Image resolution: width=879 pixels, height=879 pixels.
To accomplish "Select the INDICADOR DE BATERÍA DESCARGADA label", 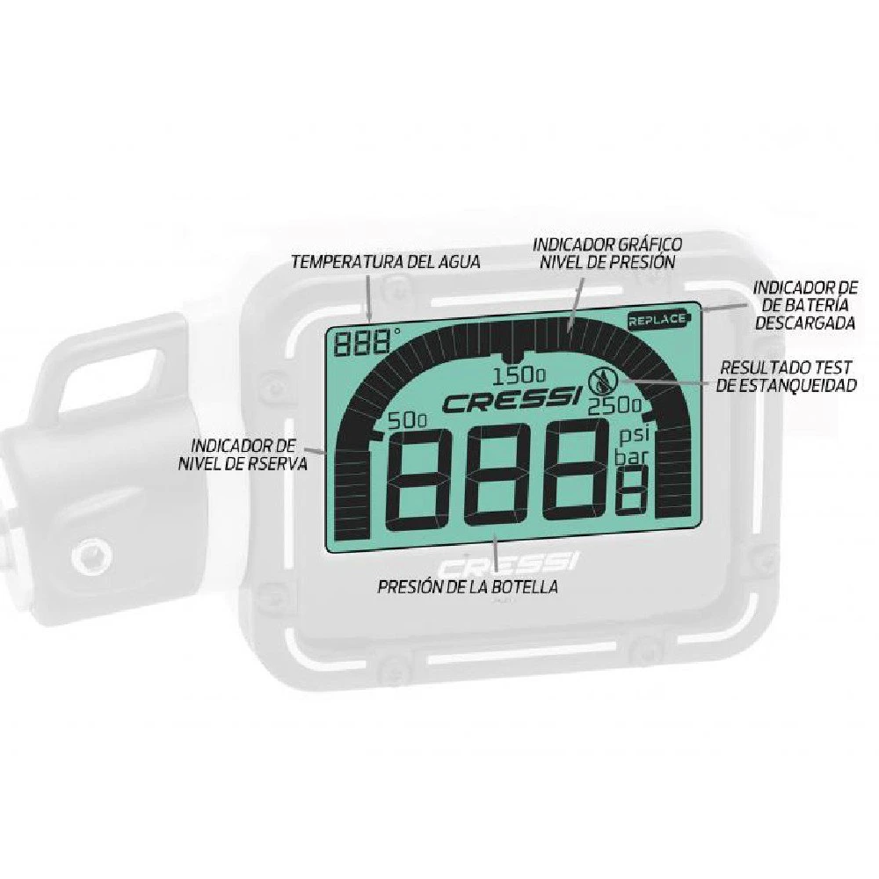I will click(804, 305).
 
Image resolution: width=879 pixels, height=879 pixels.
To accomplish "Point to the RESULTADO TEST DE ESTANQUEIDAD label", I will click(786, 375).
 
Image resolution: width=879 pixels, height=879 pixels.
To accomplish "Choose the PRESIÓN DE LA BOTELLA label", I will click(468, 586).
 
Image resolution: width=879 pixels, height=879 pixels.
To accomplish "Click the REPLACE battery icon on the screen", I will click(658, 320).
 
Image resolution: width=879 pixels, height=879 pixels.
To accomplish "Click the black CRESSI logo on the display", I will click(510, 403).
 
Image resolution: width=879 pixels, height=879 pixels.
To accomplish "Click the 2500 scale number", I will click(615, 406).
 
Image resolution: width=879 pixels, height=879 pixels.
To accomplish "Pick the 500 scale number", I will click(408, 421).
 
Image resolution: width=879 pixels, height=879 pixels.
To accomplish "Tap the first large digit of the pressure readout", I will click(425, 478).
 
